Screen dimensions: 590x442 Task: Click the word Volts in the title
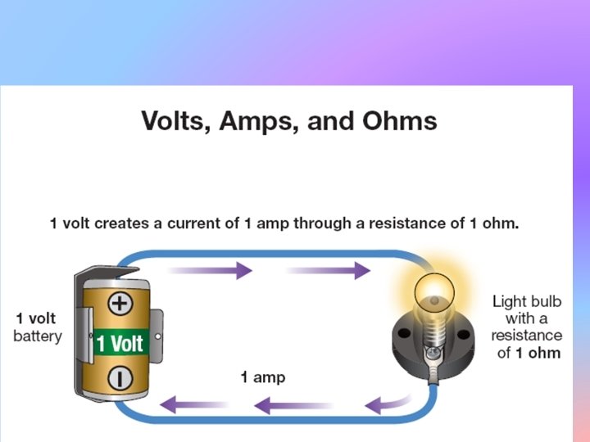click(x=176, y=121)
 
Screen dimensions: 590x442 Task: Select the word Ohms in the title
click(x=397, y=121)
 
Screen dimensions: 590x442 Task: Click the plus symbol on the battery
click(x=120, y=303)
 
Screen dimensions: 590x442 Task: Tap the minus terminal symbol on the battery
click(x=120, y=377)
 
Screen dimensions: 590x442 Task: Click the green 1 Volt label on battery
click(x=121, y=341)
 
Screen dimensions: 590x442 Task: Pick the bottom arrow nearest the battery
click(x=193, y=404)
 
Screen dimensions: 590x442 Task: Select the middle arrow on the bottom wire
click(x=292, y=404)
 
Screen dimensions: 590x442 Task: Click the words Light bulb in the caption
click(x=525, y=301)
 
